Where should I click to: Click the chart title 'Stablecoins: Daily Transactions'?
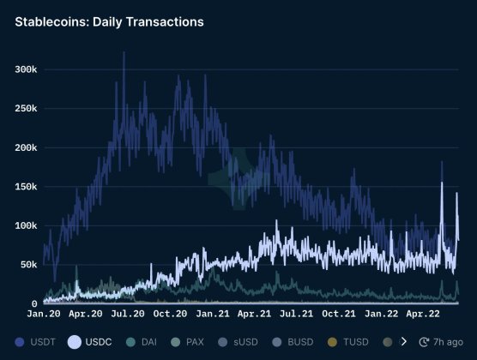(109, 21)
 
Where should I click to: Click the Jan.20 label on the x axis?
(43, 315)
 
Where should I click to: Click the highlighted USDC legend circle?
(75, 342)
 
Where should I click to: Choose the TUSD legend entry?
(348, 342)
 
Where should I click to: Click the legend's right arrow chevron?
(404, 342)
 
